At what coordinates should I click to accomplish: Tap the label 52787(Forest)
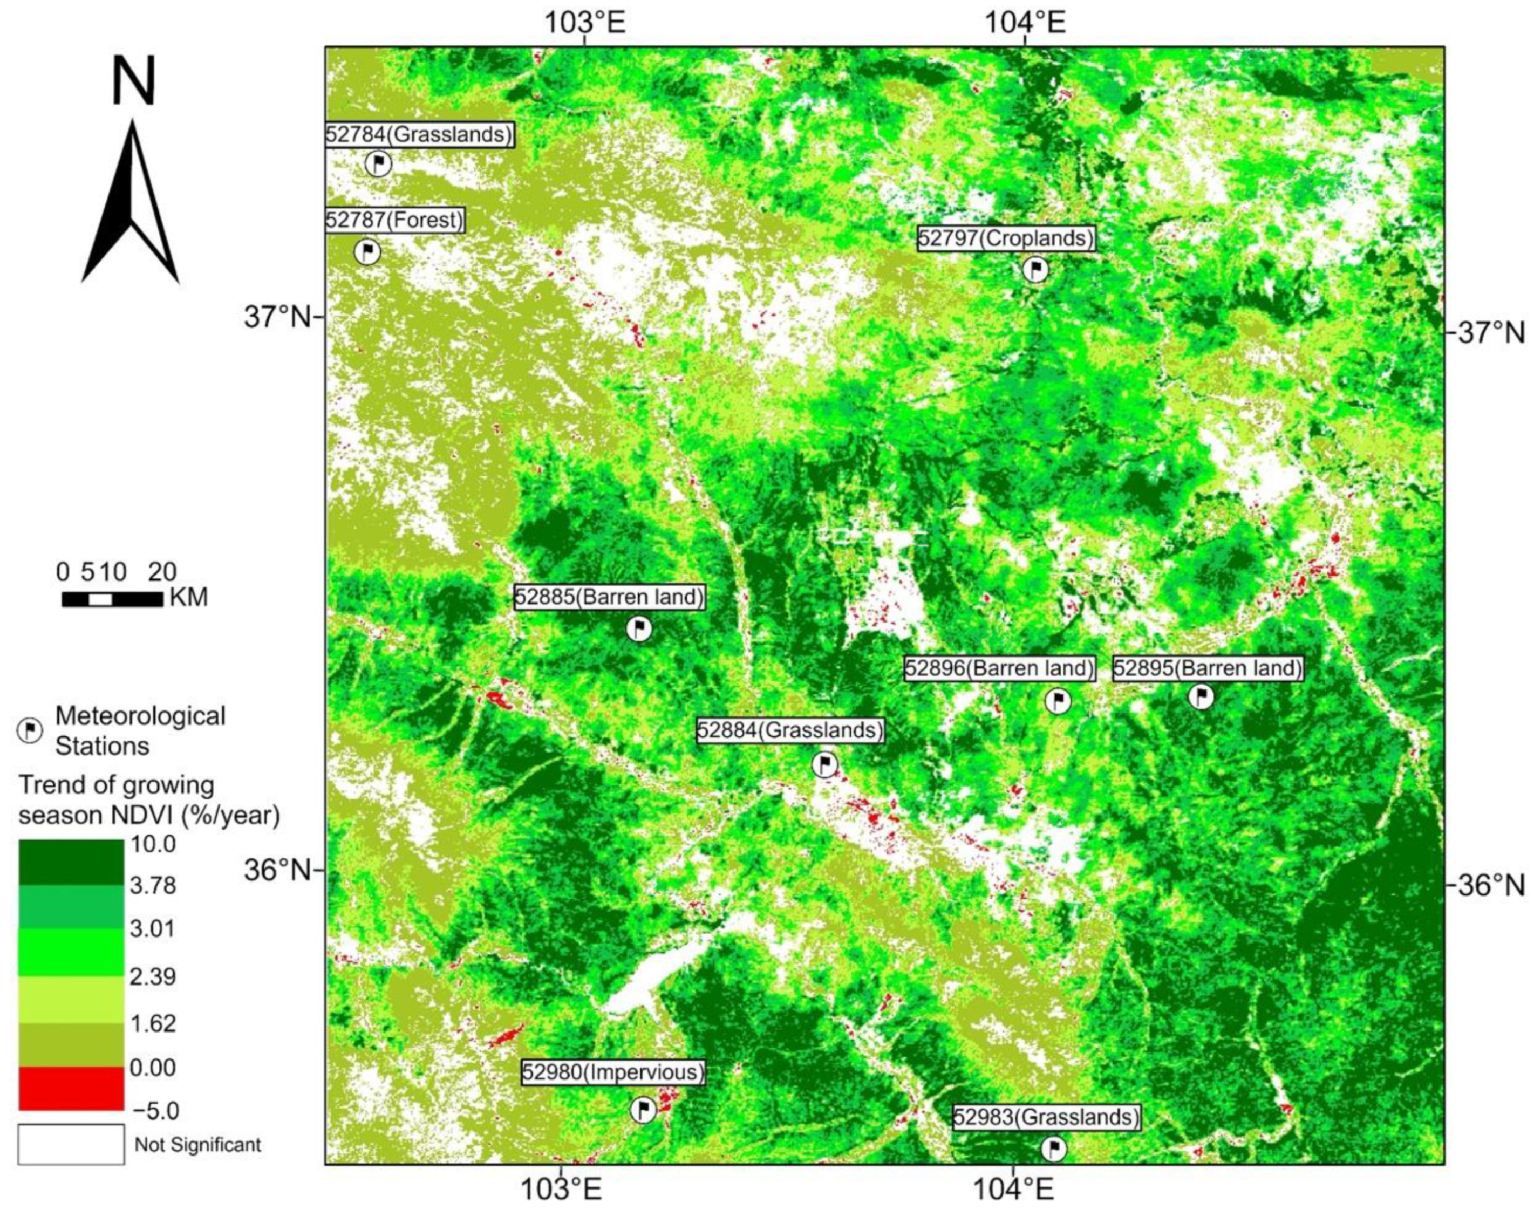pyautogui.click(x=394, y=220)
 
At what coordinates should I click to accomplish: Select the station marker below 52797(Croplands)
pyautogui.click(x=1035, y=269)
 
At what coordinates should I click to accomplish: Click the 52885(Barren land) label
pyautogui.click(x=609, y=597)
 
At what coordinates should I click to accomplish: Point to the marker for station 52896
pyautogui.click(x=1058, y=701)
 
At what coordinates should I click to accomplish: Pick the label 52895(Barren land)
pyautogui.click(x=1208, y=668)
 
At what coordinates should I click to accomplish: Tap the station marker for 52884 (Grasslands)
pyautogui.click(x=824, y=764)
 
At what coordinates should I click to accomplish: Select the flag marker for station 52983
pyautogui.click(x=1054, y=1149)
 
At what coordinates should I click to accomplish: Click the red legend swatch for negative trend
pyautogui.click(x=71, y=1088)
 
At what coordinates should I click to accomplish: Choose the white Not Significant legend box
pyautogui.click(x=71, y=1144)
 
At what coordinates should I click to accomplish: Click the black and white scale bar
pyautogui.click(x=112, y=599)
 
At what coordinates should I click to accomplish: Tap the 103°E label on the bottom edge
pyautogui.click(x=561, y=1190)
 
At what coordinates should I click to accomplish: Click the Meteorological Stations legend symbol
pyautogui.click(x=30, y=730)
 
